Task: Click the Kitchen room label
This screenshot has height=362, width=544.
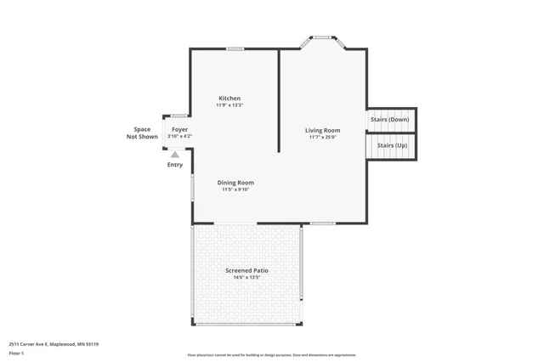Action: (x=229, y=99)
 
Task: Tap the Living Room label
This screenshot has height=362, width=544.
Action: (x=323, y=130)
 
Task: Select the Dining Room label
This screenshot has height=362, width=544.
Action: (x=235, y=183)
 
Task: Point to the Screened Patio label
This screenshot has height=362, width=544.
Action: (x=246, y=270)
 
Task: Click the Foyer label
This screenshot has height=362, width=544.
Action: (x=179, y=129)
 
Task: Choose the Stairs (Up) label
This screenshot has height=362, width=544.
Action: (x=392, y=146)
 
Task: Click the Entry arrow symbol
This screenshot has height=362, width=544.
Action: (x=175, y=155)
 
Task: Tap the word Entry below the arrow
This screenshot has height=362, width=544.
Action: (x=174, y=165)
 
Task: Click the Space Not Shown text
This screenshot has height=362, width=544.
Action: (x=142, y=133)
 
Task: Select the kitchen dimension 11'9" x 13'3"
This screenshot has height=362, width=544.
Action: (x=229, y=105)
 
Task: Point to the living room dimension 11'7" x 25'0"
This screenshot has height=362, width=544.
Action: (x=323, y=137)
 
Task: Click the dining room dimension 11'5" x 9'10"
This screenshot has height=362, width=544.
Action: (x=235, y=189)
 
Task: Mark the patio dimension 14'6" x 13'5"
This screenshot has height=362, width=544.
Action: (x=246, y=277)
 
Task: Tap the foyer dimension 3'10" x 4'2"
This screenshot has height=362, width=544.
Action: (x=179, y=136)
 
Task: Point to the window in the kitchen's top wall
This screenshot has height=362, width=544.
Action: (x=235, y=48)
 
